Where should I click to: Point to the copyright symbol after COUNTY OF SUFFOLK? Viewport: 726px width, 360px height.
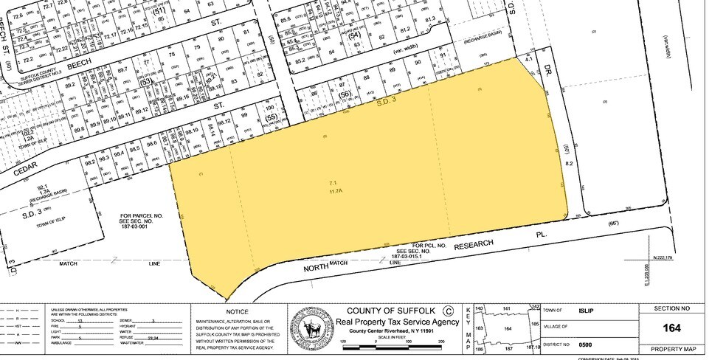(444, 310)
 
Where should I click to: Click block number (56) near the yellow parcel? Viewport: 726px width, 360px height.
(344, 96)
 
